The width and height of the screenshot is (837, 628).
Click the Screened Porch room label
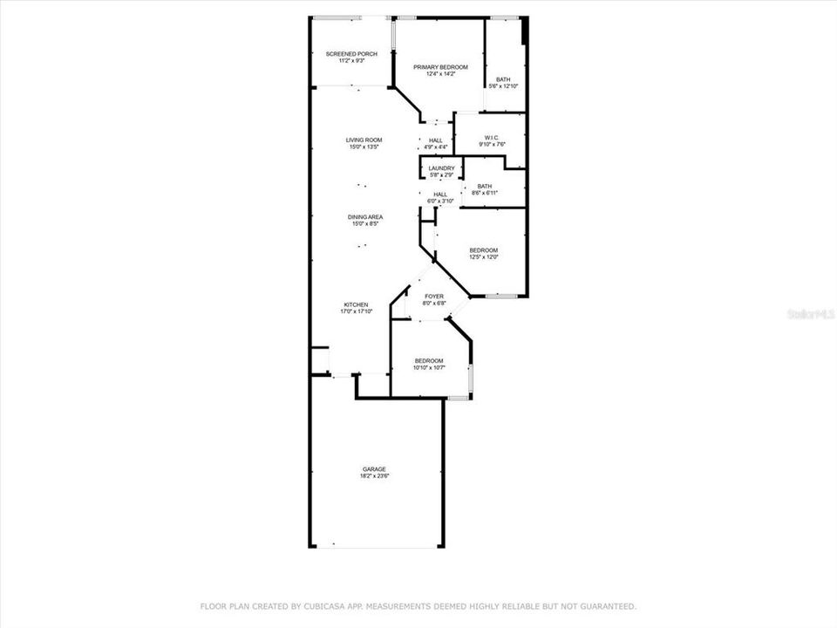[351, 54]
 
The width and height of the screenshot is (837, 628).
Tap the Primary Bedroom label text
[440, 67]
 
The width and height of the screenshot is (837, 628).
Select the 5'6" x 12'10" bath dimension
[504, 86]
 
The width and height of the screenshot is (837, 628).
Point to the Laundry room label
[441, 168]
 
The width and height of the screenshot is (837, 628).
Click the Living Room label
[364, 140]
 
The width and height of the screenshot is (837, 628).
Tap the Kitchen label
[355, 304]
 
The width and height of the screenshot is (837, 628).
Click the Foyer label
[433, 297]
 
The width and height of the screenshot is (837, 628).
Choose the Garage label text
[374, 469]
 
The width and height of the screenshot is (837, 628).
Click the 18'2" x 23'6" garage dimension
[374, 476]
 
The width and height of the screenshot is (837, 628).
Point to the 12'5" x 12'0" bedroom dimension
[484, 257]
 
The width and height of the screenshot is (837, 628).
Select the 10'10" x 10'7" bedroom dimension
[429, 368]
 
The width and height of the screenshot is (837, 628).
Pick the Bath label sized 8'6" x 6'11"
[484, 186]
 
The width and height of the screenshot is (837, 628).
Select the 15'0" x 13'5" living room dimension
[364, 147]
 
